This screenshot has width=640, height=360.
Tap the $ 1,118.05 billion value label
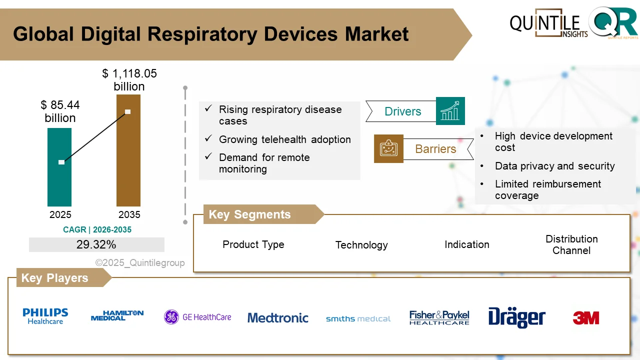pos(129,80)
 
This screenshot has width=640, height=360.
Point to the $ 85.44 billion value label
pos(60,111)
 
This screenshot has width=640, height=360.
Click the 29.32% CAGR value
pos(96,244)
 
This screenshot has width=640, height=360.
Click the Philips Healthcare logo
pos(45,316)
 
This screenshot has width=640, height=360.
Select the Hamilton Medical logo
pos(117,315)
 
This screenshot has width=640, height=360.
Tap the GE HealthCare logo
pos(198,317)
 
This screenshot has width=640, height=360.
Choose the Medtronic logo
pos(278,317)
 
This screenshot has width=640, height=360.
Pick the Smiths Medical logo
pos(358,318)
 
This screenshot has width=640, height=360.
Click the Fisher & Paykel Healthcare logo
pos(439,317)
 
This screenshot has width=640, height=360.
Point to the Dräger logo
pos(516,317)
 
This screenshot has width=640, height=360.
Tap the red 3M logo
pos(585,317)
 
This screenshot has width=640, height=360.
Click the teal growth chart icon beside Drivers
pos(450,111)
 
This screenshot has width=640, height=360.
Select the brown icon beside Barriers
pos(388,148)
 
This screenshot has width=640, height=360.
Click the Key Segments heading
pos(249,214)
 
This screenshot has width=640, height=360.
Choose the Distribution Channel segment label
pos(571,244)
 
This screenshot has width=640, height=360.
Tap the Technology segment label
pos(361,245)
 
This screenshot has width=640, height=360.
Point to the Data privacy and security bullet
pos(554,166)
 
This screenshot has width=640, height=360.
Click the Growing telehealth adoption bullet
pos(284,139)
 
